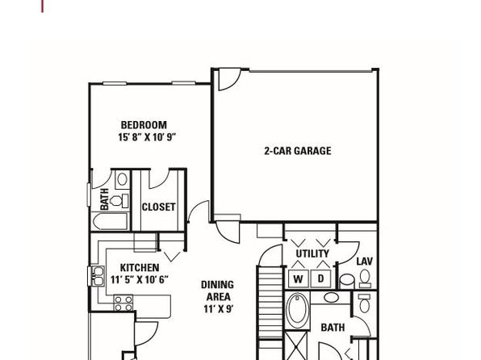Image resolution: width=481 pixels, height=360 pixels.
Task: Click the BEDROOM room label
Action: point(144,125)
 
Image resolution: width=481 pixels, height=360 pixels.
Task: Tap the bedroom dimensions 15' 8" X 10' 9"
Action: point(147,137)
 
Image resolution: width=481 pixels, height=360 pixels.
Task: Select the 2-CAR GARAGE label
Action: point(298,151)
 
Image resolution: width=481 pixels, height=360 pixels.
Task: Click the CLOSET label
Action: point(159,207)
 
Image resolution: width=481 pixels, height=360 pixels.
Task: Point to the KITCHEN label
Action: point(140,268)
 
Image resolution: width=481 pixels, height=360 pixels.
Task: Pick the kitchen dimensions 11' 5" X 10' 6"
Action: point(140,279)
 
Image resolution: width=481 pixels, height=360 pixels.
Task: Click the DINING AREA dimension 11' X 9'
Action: point(219,309)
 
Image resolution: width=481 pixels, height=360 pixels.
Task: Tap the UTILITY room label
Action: point(312,253)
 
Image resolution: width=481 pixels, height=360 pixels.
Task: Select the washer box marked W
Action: point(298,278)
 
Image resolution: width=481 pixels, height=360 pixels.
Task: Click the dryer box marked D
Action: point(320,278)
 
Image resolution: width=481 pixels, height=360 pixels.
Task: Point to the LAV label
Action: point(365,262)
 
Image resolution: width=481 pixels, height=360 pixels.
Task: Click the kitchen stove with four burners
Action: point(123,303)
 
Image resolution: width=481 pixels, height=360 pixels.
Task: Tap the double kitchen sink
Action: point(98,276)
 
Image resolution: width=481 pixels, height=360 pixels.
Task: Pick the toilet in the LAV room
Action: point(365,278)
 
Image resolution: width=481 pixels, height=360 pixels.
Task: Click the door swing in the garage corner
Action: point(229,80)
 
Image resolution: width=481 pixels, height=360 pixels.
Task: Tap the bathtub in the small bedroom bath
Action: point(110,221)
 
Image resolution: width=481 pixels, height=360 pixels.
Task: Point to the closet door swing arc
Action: point(160,179)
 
